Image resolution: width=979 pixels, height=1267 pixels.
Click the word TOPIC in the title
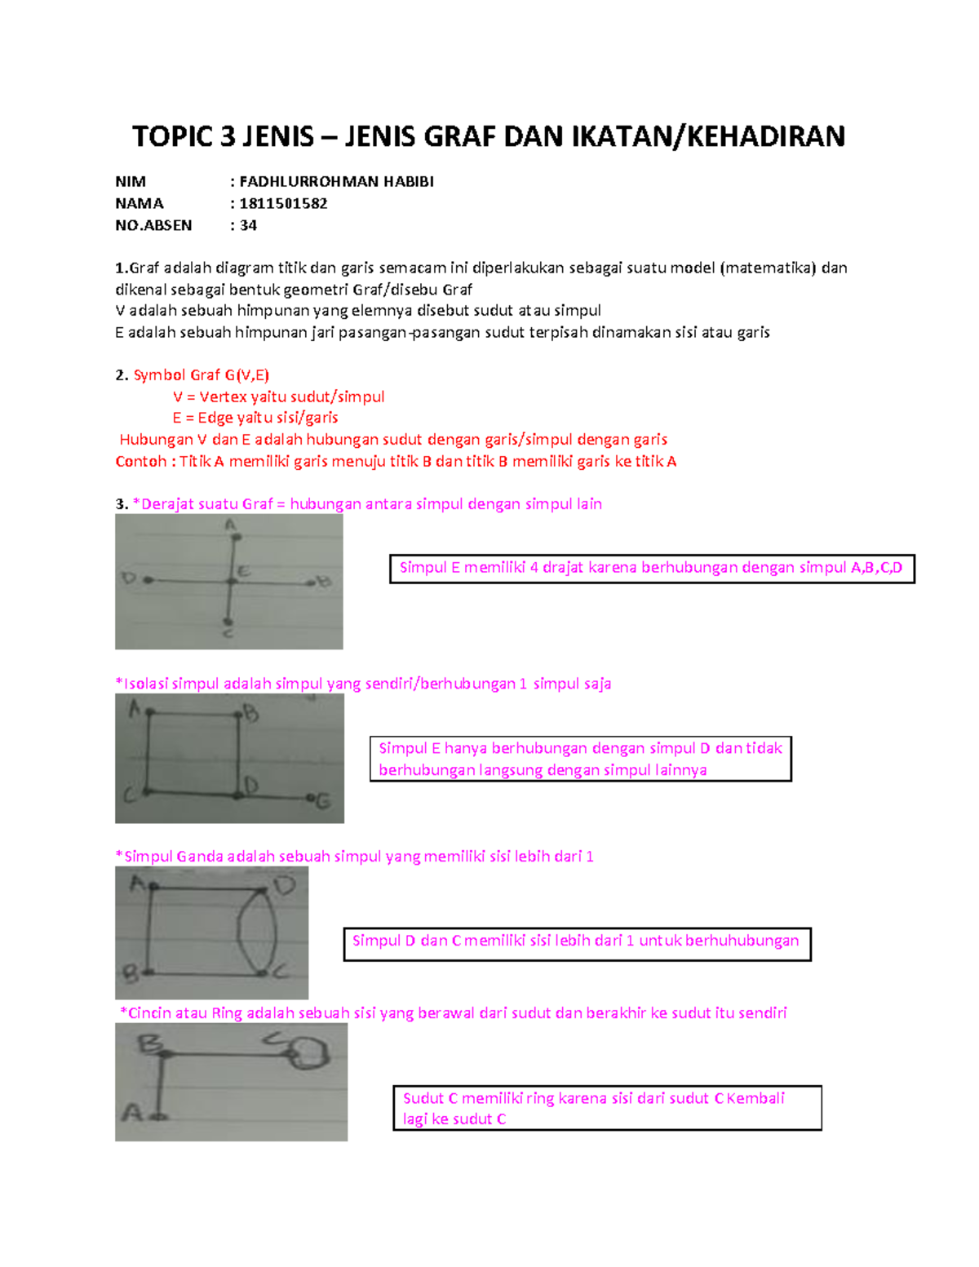tap(172, 136)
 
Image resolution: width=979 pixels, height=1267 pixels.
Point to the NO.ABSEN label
tap(153, 225)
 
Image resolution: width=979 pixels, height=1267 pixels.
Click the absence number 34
tap(248, 225)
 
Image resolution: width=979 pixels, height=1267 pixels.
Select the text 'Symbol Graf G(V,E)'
tap(201, 375)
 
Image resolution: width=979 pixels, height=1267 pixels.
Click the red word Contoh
tap(141, 462)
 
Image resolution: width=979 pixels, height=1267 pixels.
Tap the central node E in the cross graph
tap(232, 581)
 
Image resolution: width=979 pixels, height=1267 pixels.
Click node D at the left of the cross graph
tap(148, 580)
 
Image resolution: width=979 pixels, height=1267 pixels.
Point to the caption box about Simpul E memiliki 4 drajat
tap(651, 569)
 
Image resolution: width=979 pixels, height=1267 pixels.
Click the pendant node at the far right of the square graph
tap(310, 797)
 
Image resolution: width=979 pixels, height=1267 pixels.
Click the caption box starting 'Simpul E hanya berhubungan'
tap(580, 759)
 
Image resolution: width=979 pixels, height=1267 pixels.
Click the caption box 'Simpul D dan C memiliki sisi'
tap(576, 943)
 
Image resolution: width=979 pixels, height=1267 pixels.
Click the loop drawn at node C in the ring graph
tap(310, 1052)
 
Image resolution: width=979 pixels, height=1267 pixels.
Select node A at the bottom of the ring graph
tap(159, 1115)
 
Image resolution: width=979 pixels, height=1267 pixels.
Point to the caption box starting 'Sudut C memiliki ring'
tap(606, 1108)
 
